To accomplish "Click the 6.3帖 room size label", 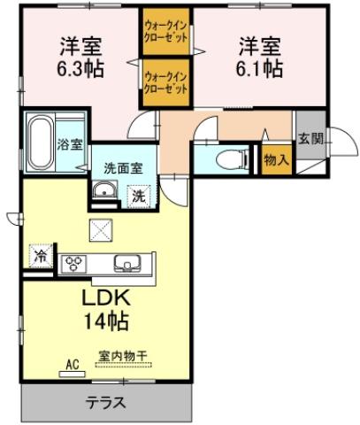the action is click(x=80, y=69).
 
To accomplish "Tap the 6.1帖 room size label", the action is click(x=259, y=69).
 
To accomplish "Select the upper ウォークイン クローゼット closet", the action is click(x=166, y=31).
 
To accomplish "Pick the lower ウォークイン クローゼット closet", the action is click(x=166, y=82).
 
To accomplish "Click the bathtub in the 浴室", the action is click(x=41, y=143).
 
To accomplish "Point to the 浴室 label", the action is click(x=70, y=144).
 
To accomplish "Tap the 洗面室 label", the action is click(x=124, y=168).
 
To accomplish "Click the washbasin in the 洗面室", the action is click(x=104, y=190).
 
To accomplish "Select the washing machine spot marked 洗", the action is click(x=139, y=197).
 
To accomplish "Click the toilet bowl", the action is click(x=233, y=159).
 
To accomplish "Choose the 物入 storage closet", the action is click(x=277, y=159).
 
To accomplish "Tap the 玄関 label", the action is click(x=310, y=138).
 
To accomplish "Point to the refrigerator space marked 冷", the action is click(x=41, y=257).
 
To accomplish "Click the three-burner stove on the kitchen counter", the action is click(x=73, y=264).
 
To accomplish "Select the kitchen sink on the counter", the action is click(x=128, y=263).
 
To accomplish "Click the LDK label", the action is click(x=106, y=298).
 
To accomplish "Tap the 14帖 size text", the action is click(x=107, y=321).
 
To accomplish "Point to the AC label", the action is click(x=73, y=365).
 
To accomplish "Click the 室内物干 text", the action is click(x=123, y=356).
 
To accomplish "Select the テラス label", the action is click(x=106, y=402).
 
